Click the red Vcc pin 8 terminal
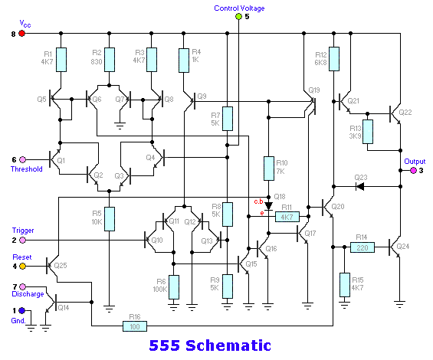point(21,34)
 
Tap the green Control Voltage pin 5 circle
point(238,17)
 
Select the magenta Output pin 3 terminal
point(413,171)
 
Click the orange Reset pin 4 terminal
point(22,266)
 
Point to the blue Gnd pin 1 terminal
point(21,311)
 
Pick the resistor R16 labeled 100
point(135,326)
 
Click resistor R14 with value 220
point(362,247)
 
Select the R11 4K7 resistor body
point(287,217)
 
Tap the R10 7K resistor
point(269,169)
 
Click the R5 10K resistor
point(110,219)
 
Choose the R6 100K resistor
point(174,287)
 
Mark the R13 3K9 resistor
point(368,132)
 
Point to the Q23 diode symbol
point(359,187)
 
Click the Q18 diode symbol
point(268,206)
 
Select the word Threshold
point(27,169)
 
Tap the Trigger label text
point(23,231)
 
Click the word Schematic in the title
point(228,345)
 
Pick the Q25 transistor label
point(61,266)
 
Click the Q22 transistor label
point(405,113)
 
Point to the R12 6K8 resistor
point(334,59)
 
